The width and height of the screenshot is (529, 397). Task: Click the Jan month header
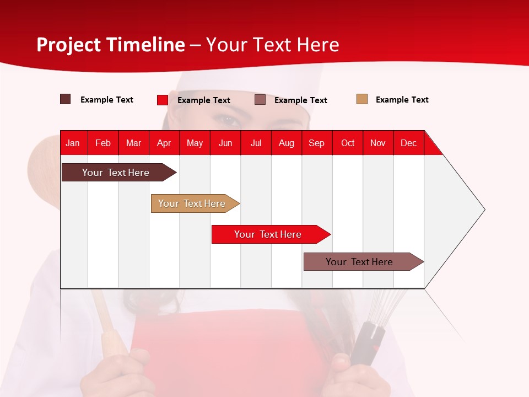73,143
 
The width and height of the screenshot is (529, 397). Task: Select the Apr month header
164,143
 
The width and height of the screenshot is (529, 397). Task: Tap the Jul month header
256,143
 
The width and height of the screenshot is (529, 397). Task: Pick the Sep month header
316,143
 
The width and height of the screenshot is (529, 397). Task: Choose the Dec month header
408,143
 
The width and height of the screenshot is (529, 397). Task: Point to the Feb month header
103,143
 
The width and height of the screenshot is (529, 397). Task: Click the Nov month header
377,143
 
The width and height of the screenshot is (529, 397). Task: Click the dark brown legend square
65,99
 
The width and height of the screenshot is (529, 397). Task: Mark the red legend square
162,100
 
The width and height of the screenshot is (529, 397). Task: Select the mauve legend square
260,100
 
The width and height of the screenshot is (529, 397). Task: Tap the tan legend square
361,99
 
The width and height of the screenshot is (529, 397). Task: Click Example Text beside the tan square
402,100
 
